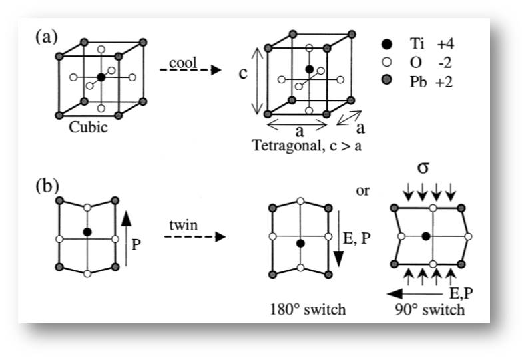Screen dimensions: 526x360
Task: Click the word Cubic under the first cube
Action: [89, 127]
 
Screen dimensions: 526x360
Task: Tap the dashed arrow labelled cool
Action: [190, 70]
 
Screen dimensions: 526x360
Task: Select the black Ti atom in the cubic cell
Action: [101, 77]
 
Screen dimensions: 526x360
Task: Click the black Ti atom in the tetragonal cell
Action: [310, 69]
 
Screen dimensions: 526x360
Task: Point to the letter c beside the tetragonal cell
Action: [243, 73]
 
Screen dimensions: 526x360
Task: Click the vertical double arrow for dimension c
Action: [258, 81]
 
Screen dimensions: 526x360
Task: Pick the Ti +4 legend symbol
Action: [387, 44]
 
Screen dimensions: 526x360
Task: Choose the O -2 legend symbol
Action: [387, 63]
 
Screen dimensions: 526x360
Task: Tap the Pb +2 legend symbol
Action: [387, 80]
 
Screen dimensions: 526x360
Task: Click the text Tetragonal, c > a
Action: [307, 146]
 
